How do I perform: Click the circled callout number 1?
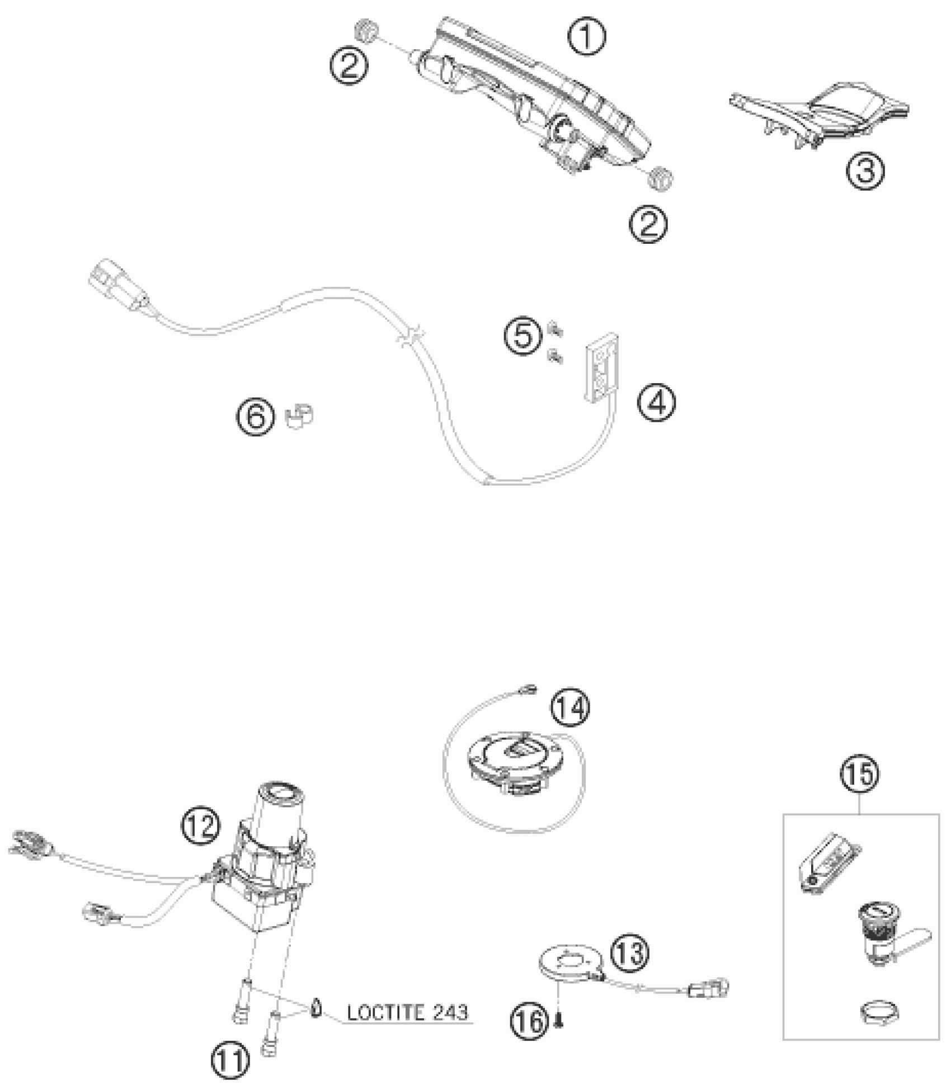click(587, 37)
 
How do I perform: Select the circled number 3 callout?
click(865, 170)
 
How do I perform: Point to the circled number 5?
click(522, 337)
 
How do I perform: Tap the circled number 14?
click(570, 707)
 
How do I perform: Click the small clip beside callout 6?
click(300, 417)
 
